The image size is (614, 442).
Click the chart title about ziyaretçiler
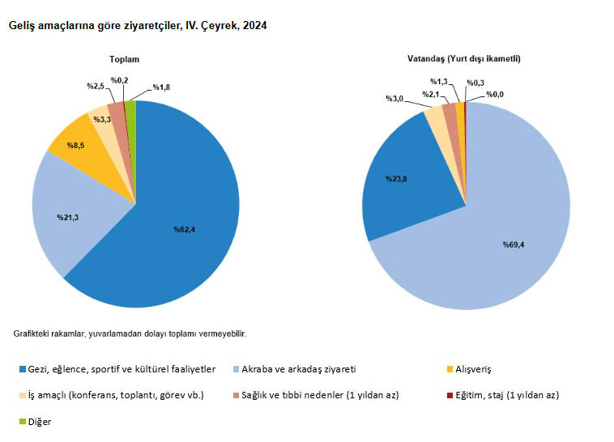tap(138, 26)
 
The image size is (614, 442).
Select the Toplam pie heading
tap(125, 60)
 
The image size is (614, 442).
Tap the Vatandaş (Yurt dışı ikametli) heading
tap(464, 59)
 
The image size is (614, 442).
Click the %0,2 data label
tap(120, 79)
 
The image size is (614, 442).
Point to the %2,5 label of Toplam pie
tap(96, 85)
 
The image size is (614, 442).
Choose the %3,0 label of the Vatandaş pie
tap(394, 98)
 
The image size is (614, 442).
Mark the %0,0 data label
tap(494, 95)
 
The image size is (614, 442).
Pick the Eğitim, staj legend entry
tap(502, 395)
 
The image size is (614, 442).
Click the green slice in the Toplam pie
tap(131, 110)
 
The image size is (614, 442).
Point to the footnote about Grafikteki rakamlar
tap(130, 334)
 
